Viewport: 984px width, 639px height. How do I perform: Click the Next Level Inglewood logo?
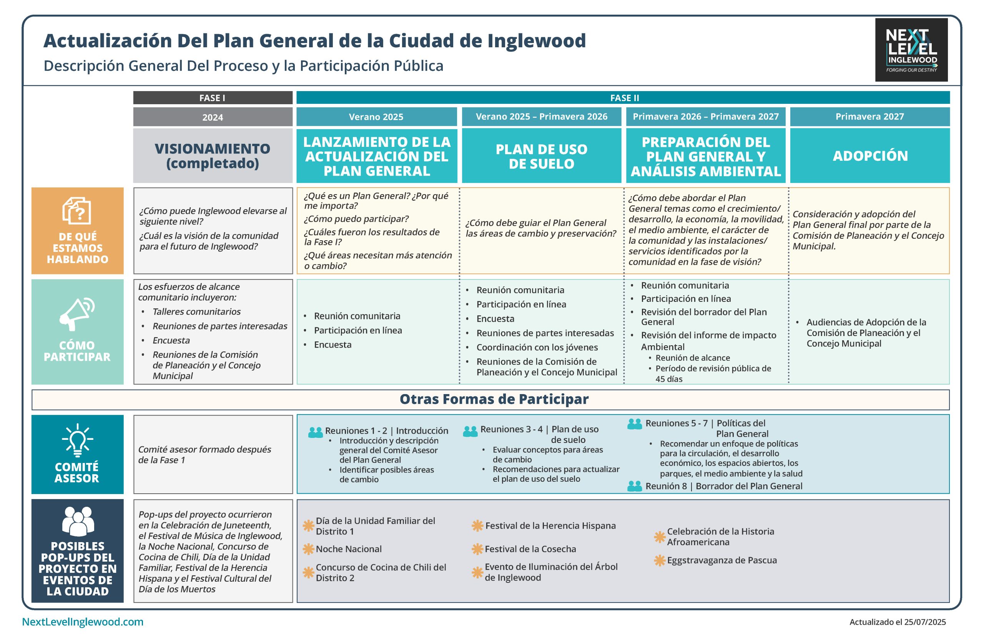pyautogui.click(x=911, y=50)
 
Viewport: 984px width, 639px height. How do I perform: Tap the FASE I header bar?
pyautogui.click(x=213, y=98)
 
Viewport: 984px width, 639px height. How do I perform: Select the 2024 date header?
pyautogui.click(x=213, y=117)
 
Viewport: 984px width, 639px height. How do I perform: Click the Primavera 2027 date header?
pyautogui.click(x=870, y=116)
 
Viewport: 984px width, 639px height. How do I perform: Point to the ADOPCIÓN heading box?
pyautogui.click(x=870, y=155)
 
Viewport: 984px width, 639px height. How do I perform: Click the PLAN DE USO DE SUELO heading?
pyautogui.click(x=542, y=156)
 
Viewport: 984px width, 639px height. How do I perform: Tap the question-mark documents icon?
pyautogui.click(x=77, y=211)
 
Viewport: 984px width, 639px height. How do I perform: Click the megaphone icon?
pyautogui.click(x=77, y=313)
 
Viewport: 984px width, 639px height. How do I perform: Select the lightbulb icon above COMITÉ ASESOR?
pyautogui.click(x=77, y=439)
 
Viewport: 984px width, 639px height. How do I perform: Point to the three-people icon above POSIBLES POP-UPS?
pyautogui.click(x=78, y=521)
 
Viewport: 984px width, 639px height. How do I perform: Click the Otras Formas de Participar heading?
pyautogui.click(x=494, y=399)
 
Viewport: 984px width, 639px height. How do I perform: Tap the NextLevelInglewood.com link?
pyautogui.click(x=83, y=622)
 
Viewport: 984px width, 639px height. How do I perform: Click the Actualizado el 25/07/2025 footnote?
pyautogui.click(x=898, y=622)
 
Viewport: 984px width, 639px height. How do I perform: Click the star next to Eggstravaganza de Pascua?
pyautogui.click(x=660, y=561)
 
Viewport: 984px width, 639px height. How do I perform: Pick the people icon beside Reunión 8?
pyautogui.click(x=635, y=486)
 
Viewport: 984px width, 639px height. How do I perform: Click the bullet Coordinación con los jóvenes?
pyautogui.click(x=537, y=348)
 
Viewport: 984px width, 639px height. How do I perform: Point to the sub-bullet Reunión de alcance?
pyautogui.click(x=693, y=358)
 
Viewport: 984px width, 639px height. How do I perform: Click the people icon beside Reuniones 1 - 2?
pyautogui.click(x=316, y=433)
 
